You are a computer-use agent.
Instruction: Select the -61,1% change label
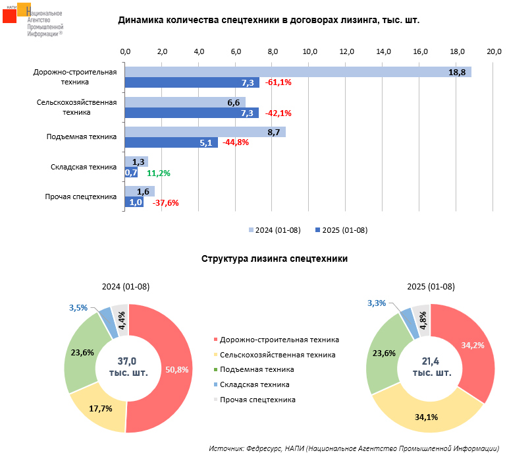click(x=279, y=83)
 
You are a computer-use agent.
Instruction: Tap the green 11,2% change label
click(x=159, y=173)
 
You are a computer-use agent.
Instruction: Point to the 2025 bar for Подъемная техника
click(x=171, y=142)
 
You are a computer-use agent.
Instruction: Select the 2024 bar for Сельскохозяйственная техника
click(x=185, y=102)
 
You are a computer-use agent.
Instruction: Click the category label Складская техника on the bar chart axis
click(x=84, y=167)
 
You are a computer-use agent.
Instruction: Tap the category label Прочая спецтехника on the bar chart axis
click(x=80, y=196)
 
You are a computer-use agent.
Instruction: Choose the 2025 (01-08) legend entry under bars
click(x=341, y=230)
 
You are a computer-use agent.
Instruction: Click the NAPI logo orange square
click(x=24, y=9)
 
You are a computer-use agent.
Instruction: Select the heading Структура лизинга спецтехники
click(x=274, y=259)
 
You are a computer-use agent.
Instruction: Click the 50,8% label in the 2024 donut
click(x=177, y=369)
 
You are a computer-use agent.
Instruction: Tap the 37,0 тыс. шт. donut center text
click(x=128, y=366)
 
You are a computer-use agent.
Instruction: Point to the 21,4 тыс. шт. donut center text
click(x=432, y=366)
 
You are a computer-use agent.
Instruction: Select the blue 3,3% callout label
click(x=377, y=303)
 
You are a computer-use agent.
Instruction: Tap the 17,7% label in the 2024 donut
click(x=100, y=409)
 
